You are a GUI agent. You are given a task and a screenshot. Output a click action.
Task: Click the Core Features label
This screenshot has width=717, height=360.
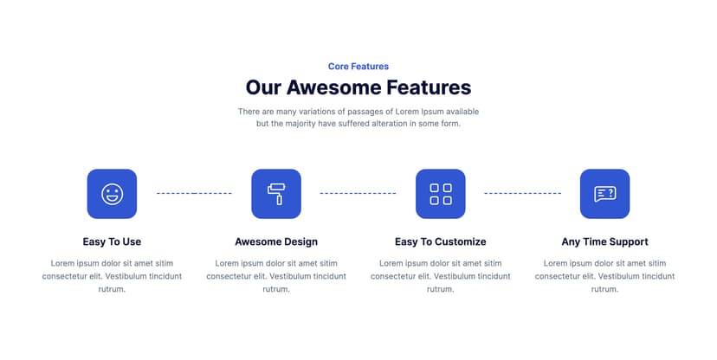tap(358, 67)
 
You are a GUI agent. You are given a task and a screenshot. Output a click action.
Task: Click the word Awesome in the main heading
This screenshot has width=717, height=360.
tap(334, 87)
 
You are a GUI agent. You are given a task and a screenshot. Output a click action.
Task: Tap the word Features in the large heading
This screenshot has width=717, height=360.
tap(429, 87)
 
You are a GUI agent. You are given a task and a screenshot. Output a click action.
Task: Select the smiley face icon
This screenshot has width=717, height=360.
tap(112, 194)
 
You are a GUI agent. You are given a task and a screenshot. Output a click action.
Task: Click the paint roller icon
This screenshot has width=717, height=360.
tap(276, 194)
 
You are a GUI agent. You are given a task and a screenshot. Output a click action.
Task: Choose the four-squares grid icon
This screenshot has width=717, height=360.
tap(440, 194)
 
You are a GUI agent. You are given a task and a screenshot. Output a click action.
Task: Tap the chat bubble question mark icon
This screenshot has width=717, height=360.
tap(604, 194)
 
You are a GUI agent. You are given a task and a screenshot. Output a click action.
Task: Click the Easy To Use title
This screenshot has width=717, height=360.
tap(112, 241)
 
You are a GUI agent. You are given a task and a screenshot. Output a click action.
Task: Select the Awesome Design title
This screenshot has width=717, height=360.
tap(276, 241)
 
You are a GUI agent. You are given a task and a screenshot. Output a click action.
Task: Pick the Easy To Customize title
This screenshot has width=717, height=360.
tap(440, 241)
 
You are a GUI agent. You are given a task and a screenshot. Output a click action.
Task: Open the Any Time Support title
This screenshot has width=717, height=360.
tap(604, 241)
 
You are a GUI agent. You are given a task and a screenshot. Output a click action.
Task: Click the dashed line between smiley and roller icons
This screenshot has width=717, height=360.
tap(194, 194)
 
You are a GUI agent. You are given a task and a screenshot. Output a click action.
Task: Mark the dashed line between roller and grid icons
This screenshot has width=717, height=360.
tap(358, 194)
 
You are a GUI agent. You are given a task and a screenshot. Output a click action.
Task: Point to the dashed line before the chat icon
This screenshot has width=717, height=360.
tap(522, 194)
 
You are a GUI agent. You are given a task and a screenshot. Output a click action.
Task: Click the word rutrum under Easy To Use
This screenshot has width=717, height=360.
tap(112, 289)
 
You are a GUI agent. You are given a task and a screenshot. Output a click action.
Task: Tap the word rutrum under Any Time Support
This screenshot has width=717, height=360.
tap(604, 289)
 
